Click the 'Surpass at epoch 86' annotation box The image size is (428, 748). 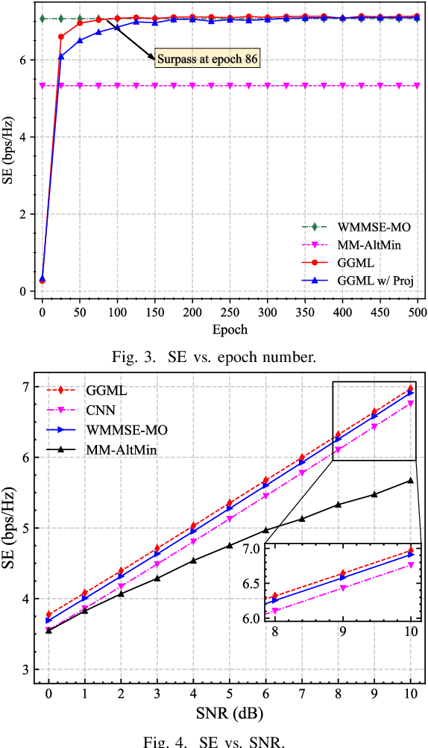coord(207,57)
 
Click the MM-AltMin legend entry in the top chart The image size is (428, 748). coord(365,245)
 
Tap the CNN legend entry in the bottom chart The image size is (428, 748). coord(103,409)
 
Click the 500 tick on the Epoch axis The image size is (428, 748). coord(418,310)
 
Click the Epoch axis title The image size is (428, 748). coord(230,328)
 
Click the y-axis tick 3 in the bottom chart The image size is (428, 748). coord(26,670)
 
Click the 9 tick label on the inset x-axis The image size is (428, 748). coord(342,632)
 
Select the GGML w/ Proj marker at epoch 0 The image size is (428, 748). coord(43,278)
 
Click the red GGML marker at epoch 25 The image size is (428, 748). coord(61,37)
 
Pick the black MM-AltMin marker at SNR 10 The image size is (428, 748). coord(410,480)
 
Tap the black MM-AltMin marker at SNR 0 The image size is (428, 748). coord(49,630)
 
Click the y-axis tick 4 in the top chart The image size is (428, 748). coord(26,137)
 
